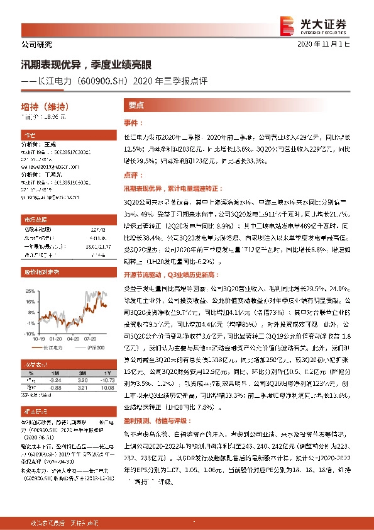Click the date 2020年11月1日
coord(332,45)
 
